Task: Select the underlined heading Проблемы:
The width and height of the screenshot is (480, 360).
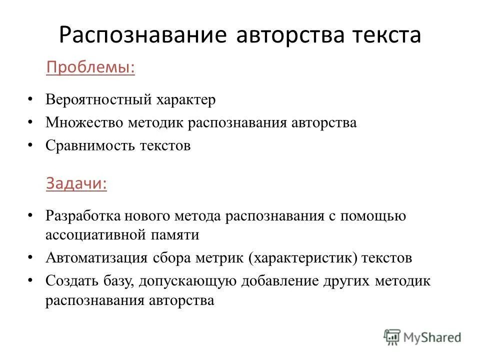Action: point(90,67)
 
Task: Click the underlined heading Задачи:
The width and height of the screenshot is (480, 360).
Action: point(76,183)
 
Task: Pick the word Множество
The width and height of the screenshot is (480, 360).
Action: point(84,123)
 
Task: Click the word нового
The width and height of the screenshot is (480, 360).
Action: point(150,216)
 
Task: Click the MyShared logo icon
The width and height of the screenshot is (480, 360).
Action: point(392,337)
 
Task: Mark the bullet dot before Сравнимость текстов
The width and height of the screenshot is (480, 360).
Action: point(31,145)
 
